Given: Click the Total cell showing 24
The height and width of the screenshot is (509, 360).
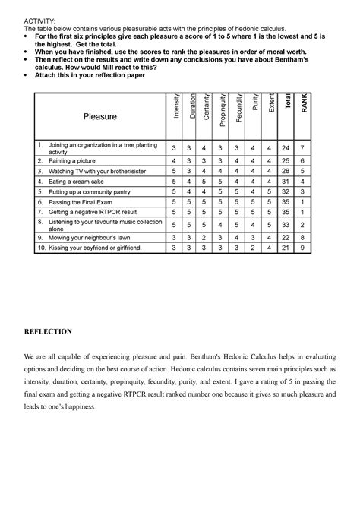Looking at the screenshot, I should coord(308,147).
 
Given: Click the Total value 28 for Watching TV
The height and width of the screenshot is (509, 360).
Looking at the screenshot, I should coord(308,172).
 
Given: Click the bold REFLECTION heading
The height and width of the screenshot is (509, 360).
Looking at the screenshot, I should coord(47,331).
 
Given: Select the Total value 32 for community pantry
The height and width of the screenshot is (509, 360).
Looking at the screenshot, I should coord(308,192).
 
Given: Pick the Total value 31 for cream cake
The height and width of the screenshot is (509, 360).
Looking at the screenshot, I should coord(308,182).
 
